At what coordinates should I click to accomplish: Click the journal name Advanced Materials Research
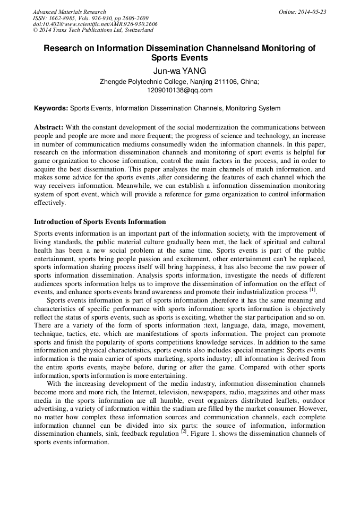[70, 12]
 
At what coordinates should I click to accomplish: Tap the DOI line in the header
[95, 24]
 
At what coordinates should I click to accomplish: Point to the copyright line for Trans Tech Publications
[93, 30]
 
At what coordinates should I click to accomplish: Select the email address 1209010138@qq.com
[179, 90]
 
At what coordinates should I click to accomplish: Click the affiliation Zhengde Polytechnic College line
[179, 82]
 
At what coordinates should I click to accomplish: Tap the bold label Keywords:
[51, 108]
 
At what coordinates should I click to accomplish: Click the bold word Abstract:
[49, 127]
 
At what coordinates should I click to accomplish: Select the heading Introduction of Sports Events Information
[100, 222]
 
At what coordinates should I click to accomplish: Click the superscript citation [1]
[313, 290]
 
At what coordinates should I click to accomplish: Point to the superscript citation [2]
[183, 432]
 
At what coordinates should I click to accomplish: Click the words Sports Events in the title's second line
[179, 58]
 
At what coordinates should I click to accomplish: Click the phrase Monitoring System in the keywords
[253, 108]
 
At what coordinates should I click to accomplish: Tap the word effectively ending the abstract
[50, 203]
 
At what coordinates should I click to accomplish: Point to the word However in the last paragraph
[314, 409]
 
